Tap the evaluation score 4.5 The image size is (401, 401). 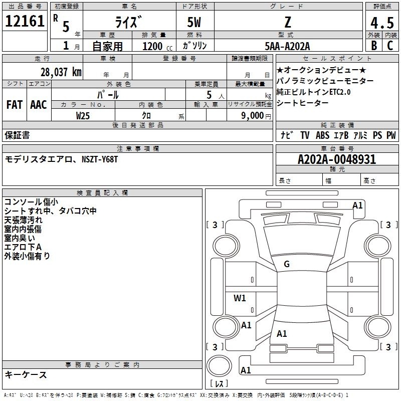click(x=381, y=23)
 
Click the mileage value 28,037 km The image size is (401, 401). click(x=60, y=72)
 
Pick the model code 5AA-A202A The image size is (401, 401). click(x=287, y=46)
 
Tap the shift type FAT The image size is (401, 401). click(x=14, y=105)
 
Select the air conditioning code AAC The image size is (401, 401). click(x=39, y=105)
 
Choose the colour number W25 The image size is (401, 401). click(x=83, y=115)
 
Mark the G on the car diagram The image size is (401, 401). click(x=287, y=264)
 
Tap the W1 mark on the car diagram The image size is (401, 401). click(x=240, y=298)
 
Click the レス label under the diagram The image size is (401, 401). click(x=219, y=384)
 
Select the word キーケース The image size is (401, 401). click(x=26, y=375)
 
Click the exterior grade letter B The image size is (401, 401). click(x=373, y=46)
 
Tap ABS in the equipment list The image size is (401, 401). click(x=323, y=135)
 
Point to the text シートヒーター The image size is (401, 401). click(x=303, y=103)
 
